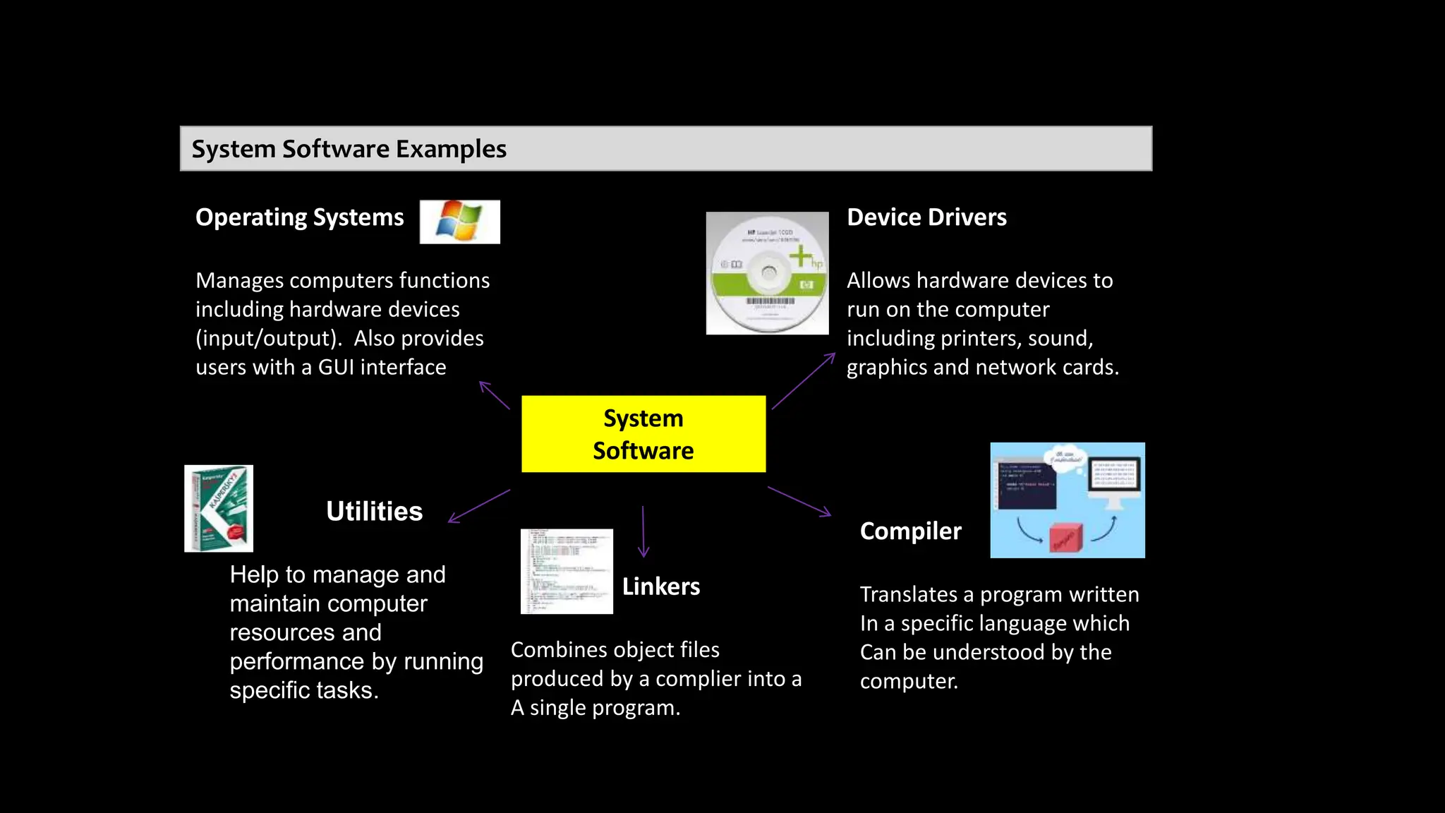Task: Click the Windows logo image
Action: pos(459,222)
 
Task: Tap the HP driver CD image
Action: pos(767,273)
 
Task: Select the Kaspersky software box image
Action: pos(219,508)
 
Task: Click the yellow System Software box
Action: pos(643,434)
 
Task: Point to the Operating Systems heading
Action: pos(299,217)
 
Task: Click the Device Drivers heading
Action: pos(926,217)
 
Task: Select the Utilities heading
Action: pos(374,511)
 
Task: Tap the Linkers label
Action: pos(660,586)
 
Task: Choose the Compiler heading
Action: pos(910,531)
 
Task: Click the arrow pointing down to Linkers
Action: pos(643,531)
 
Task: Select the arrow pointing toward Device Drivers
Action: pos(803,381)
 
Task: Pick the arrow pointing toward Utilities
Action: pos(479,506)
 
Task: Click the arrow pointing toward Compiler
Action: pos(799,502)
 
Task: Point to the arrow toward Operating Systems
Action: pos(495,395)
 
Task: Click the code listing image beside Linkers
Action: pos(567,571)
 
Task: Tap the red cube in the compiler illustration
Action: pos(1065,538)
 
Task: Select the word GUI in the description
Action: pos(336,367)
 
